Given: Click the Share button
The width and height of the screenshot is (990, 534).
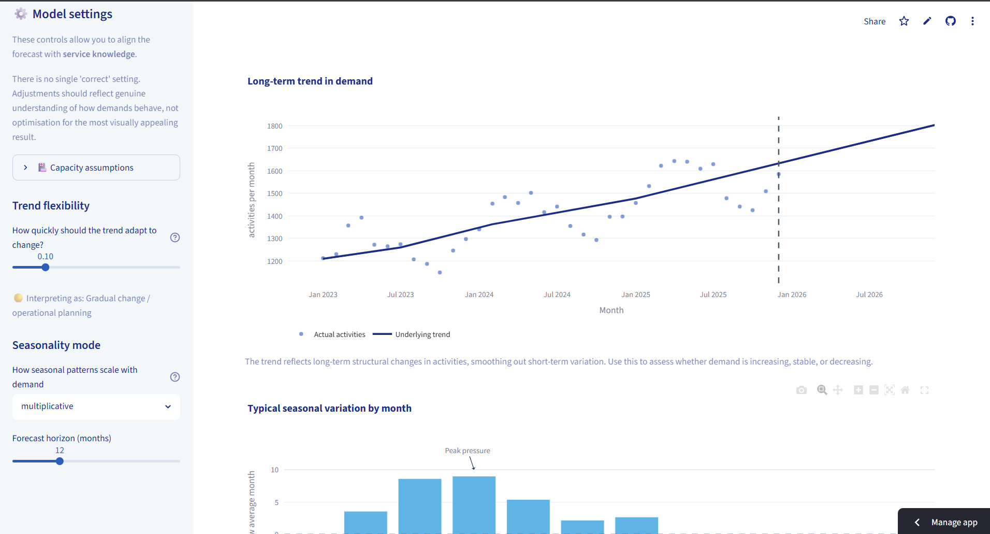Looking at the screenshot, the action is pyautogui.click(x=875, y=21).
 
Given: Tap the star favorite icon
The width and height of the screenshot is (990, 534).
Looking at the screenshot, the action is pyautogui.click(x=904, y=21).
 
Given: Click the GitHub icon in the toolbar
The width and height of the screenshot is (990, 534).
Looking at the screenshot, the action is pyautogui.click(x=951, y=21).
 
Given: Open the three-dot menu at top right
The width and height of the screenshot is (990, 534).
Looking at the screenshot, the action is pyautogui.click(x=972, y=21).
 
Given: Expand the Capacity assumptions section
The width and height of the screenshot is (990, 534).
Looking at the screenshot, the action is pyautogui.click(x=96, y=167).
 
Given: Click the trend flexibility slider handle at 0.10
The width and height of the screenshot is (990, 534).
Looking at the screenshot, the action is pyautogui.click(x=46, y=268).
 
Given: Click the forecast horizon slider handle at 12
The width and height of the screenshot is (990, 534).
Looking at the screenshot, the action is pyautogui.click(x=60, y=461).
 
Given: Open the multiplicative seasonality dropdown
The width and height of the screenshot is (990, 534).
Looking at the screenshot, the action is pyautogui.click(x=96, y=406).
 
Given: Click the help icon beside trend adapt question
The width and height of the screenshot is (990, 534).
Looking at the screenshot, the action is pyautogui.click(x=175, y=237).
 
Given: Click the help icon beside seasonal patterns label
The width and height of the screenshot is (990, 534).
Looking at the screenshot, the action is pyautogui.click(x=175, y=377).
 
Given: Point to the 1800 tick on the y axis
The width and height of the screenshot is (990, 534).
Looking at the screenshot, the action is pyautogui.click(x=275, y=126).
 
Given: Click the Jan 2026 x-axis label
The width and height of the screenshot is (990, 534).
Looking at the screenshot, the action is pyautogui.click(x=792, y=294).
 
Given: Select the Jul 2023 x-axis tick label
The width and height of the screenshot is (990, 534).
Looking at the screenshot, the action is pyautogui.click(x=401, y=294).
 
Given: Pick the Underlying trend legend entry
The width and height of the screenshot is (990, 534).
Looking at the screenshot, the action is pyautogui.click(x=412, y=334).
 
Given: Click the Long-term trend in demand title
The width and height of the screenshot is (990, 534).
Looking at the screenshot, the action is pyautogui.click(x=310, y=81).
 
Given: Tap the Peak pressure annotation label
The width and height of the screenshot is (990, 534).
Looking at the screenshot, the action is pyautogui.click(x=468, y=451).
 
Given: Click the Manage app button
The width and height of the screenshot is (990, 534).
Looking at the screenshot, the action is pyautogui.click(x=944, y=522).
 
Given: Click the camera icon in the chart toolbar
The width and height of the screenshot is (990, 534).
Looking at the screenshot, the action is pyautogui.click(x=802, y=390).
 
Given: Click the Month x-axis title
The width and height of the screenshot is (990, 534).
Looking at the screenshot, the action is pyautogui.click(x=612, y=310).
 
